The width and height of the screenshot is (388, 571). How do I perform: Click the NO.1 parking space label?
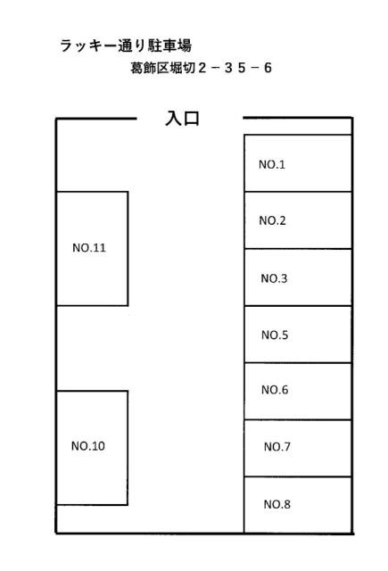pos(271,164)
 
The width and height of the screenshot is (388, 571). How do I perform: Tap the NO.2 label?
pos(272,220)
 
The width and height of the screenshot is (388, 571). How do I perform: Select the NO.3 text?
pos(274,278)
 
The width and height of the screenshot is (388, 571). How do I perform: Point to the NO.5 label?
pos(275,335)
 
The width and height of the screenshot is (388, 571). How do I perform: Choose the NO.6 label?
pos(275,390)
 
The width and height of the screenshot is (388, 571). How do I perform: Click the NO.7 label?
pos(277,446)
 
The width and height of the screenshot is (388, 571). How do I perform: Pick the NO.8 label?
pos(277,504)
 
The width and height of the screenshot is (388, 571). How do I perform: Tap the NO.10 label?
pos(88,446)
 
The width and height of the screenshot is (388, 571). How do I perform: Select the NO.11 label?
pos(89,248)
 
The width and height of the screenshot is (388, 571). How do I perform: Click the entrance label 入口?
pos(182,119)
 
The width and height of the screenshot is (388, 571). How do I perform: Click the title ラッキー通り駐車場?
pos(126,46)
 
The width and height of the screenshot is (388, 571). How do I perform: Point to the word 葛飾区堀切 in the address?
pos(162,68)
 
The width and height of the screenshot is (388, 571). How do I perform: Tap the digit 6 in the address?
pos(268,68)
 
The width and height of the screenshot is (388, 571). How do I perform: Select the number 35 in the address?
pos(235,68)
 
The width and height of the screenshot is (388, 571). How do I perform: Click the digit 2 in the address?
pos(202,68)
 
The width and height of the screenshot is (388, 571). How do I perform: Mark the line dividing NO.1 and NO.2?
pos(298,192)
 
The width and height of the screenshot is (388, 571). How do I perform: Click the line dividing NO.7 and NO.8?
pos(298,476)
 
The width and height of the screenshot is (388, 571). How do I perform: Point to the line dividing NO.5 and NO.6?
pos(298,363)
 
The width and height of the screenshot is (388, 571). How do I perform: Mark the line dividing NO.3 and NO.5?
pos(298,306)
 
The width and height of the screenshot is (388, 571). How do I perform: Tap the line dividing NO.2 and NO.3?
pos(298,249)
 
